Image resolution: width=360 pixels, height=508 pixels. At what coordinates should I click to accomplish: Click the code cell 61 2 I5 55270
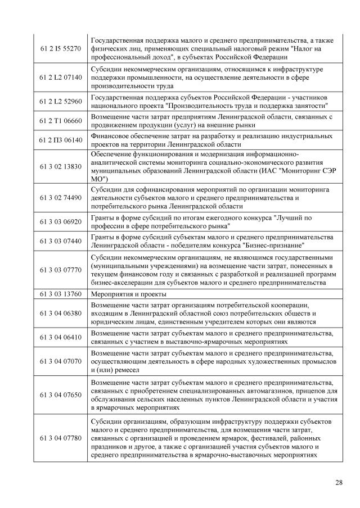pos(61,49)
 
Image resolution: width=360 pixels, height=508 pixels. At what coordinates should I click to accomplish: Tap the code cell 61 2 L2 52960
pos(61,101)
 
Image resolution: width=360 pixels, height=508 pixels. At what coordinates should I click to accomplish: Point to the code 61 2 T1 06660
pos(61,120)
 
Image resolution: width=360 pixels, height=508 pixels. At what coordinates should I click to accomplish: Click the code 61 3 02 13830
pos(61,167)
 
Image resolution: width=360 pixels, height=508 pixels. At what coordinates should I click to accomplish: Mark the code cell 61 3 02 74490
pos(61,198)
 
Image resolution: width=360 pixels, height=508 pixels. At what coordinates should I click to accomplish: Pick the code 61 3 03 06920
pos(61,222)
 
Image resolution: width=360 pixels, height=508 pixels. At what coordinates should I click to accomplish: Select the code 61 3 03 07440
pos(61,241)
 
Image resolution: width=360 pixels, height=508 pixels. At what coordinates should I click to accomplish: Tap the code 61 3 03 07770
pos(61,270)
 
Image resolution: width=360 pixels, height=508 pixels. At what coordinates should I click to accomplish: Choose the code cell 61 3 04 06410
pos(61,337)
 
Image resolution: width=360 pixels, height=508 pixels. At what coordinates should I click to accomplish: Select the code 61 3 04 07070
pos(61,362)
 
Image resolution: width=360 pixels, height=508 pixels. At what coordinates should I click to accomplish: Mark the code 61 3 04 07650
pos(61,395)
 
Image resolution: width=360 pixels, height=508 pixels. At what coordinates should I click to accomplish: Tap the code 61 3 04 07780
pos(61,437)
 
